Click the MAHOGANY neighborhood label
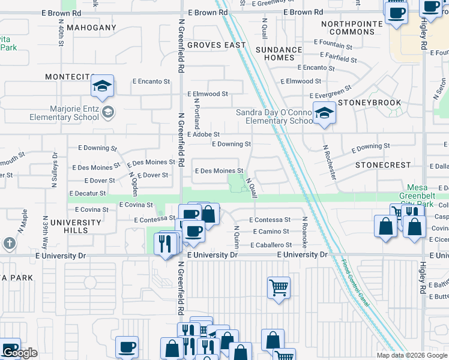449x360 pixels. tap(91, 28)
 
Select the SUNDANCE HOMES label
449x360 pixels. tap(279, 54)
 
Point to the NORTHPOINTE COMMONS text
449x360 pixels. tap(348, 28)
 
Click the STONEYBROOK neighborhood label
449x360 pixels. tap(369, 103)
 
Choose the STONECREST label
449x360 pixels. tap(383, 164)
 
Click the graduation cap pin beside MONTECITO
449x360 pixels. tap(103, 86)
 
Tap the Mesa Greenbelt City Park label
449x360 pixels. tap(424, 196)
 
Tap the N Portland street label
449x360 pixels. tap(196, 114)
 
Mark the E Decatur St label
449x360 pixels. tap(88, 193)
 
